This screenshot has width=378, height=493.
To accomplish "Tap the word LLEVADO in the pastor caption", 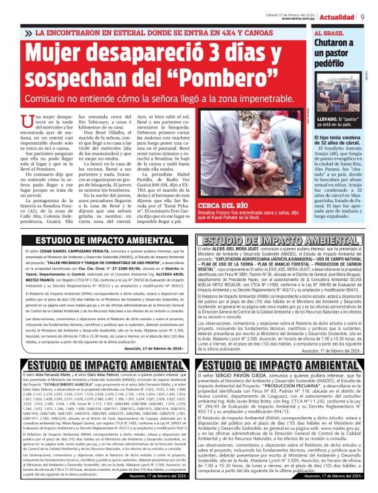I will point(329,119).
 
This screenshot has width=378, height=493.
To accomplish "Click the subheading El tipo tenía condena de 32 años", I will point(338,142).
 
